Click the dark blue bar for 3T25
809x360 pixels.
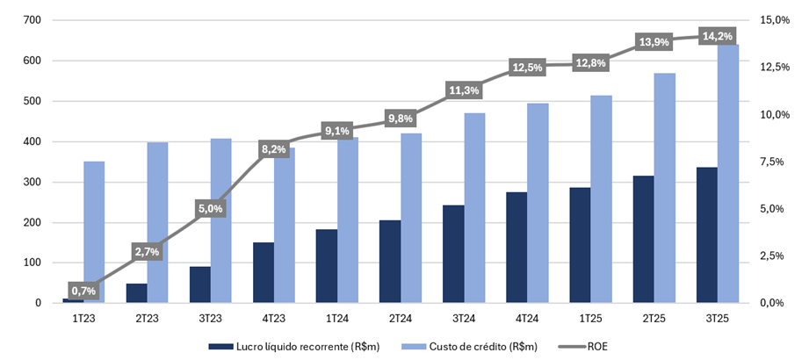coord(707,235)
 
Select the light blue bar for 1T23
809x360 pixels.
coord(94,232)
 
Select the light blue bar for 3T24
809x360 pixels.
coord(474,208)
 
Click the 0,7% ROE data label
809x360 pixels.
coord(83,291)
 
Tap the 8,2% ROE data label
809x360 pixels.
coord(273,149)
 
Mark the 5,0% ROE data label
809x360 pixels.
coord(210,209)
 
